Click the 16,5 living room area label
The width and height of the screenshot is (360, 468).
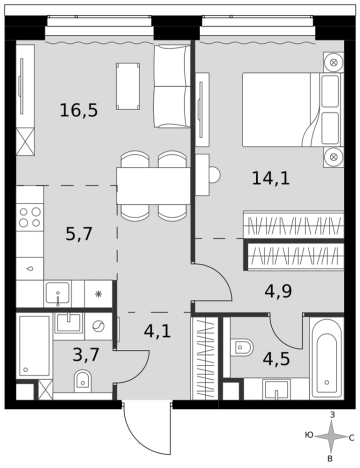coord(79,110)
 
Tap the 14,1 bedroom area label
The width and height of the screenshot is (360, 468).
coord(271,178)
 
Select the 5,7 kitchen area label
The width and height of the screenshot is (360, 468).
coord(79,234)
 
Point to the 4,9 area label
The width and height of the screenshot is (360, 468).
coord(278,291)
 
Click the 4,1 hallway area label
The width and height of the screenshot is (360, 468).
coord(157,332)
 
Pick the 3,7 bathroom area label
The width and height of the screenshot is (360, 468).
coord(86,354)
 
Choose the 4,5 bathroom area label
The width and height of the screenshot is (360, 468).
coord(276,359)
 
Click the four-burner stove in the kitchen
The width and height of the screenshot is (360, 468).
coord(30,217)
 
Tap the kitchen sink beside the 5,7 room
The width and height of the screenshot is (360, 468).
coord(58,293)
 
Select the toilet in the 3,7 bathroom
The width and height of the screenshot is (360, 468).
coord(82,380)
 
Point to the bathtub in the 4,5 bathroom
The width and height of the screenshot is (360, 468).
coord(326,359)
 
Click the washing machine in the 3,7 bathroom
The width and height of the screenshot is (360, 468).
coord(98,326)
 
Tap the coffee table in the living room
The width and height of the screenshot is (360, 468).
coord(128,86)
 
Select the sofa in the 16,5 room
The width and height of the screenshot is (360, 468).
coord(172,86)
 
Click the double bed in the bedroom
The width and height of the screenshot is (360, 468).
coord(293,109)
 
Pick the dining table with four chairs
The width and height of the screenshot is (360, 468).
coord(153,185)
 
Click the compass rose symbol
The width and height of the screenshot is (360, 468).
coord(331,437)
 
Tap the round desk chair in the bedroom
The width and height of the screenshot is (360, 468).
coord(215,174)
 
